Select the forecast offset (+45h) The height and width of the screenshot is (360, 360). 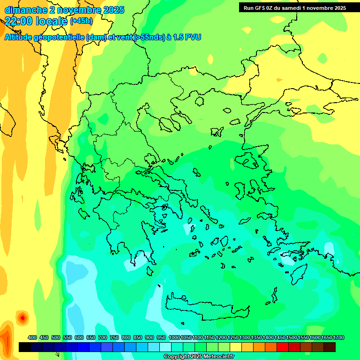81,21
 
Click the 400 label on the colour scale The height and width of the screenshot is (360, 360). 32,337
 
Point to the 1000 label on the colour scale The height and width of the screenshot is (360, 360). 174,337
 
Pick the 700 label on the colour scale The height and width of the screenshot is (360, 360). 103,337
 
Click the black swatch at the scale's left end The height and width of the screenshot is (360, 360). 25,347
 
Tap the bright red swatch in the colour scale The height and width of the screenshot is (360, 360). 283,347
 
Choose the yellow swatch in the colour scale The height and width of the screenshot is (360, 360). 236,347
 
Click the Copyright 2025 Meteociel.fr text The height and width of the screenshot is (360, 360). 199,357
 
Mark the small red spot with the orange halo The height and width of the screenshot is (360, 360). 22,318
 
